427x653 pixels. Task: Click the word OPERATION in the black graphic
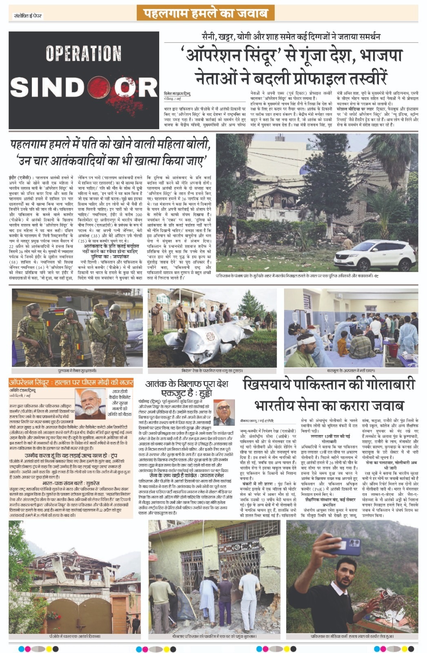click(83, 54)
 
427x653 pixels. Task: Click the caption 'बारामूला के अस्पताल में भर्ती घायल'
click(351, 371)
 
